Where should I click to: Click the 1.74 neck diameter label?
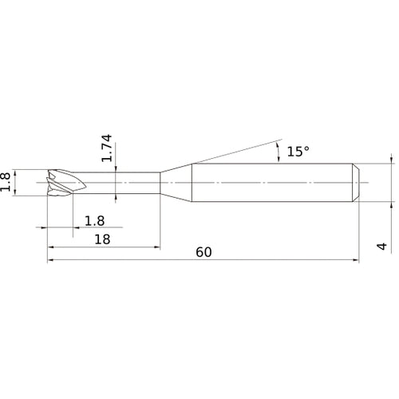(x=107, y=148)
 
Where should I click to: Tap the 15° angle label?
(x=298, y=152)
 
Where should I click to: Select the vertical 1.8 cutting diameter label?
(x=5, y=182)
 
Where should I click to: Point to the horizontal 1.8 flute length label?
(x=94, y=221)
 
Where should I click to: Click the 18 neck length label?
(x=102, y=239)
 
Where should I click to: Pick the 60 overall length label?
(x=203, y=252)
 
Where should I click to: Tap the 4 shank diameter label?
(x=382, y=246)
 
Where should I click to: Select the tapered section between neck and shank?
(x=176, y=183)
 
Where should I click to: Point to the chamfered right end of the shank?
(x=356, y=183)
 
